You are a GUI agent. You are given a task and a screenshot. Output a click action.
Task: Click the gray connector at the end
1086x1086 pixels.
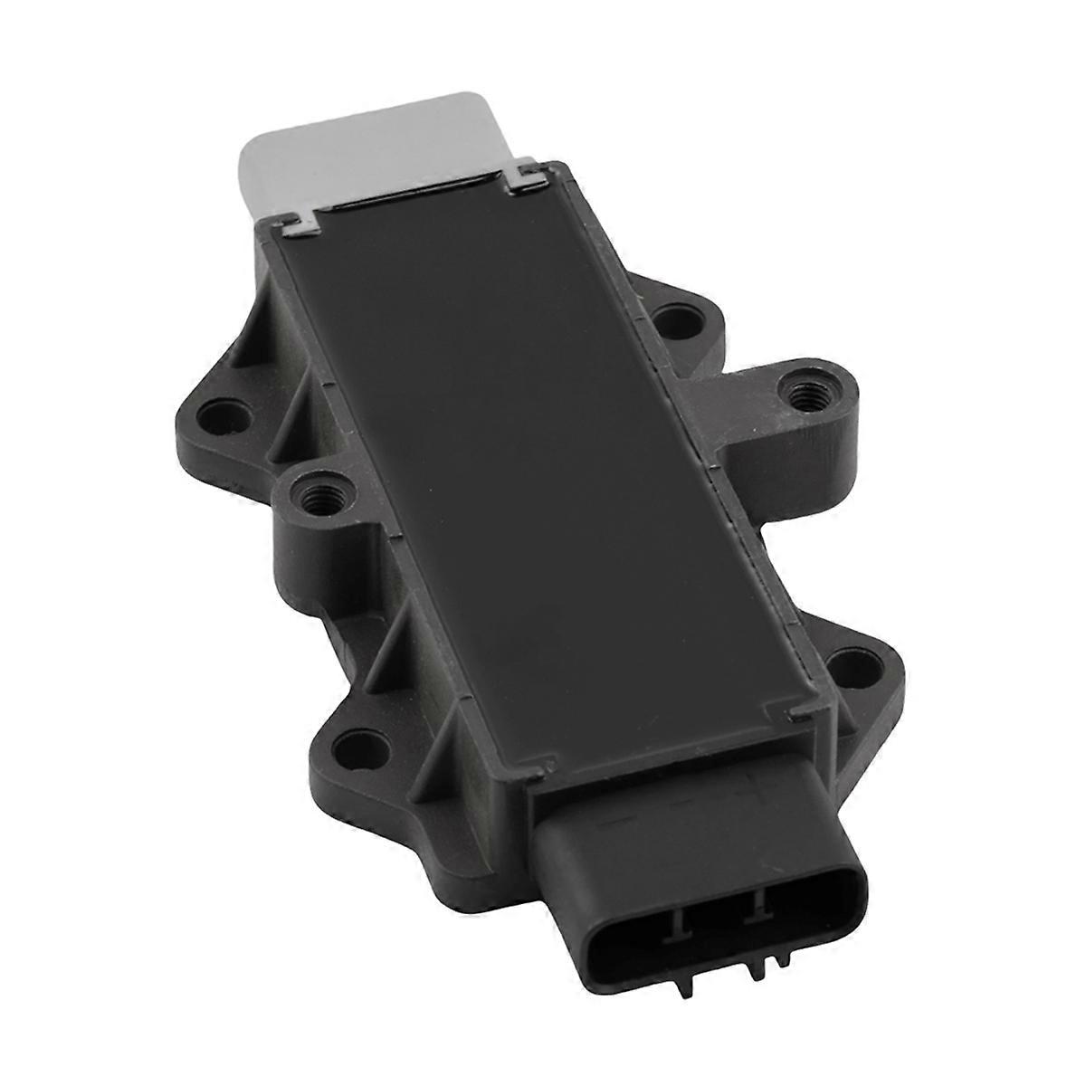coord(362,145)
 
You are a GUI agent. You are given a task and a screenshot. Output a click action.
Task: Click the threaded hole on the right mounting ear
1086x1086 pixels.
coord(803,393)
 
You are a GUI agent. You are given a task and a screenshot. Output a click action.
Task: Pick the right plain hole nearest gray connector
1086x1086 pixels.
coord(671,319)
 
